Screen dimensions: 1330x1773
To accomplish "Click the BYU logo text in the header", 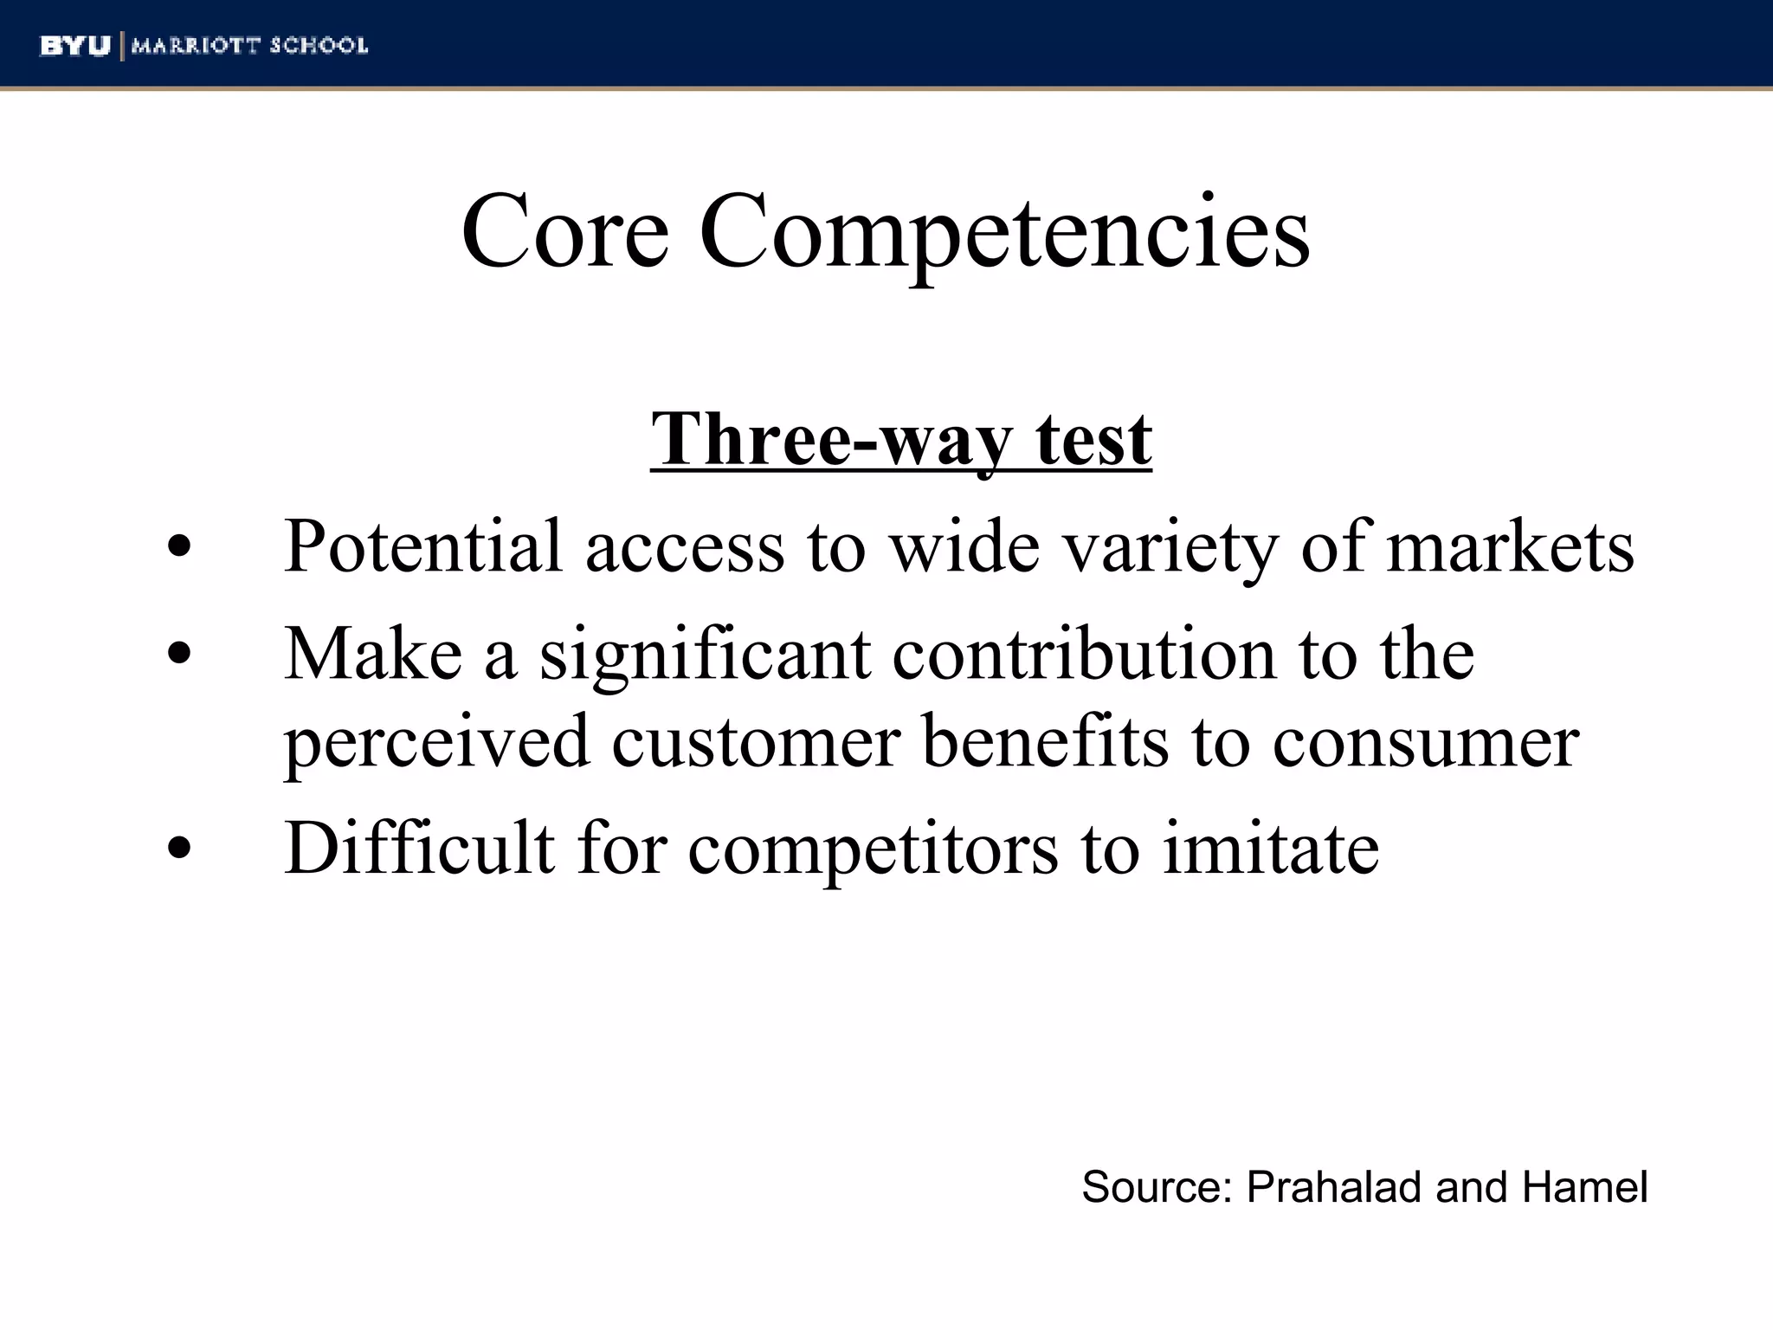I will point(75,46).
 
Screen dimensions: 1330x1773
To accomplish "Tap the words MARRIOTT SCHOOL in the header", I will point(249,46).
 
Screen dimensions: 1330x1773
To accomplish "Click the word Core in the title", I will point(564,232).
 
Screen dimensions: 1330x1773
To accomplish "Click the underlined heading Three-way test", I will point(900,439).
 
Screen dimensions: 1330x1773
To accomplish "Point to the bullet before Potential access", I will point(179,548).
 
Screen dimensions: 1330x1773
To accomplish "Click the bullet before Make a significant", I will point(179,655).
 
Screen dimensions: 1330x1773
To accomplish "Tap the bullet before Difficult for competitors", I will point(179,849).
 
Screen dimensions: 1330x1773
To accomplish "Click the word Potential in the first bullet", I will point(423,546).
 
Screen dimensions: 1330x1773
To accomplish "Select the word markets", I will point(1510,546).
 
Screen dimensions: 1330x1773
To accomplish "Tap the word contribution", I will point(1084,654).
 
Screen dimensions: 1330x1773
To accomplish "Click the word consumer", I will point(1425,743).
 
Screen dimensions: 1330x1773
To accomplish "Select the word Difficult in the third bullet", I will point(419,848).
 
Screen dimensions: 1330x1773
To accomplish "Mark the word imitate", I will point(1270,848).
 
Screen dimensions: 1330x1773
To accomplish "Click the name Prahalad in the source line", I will point(1335,1187).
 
